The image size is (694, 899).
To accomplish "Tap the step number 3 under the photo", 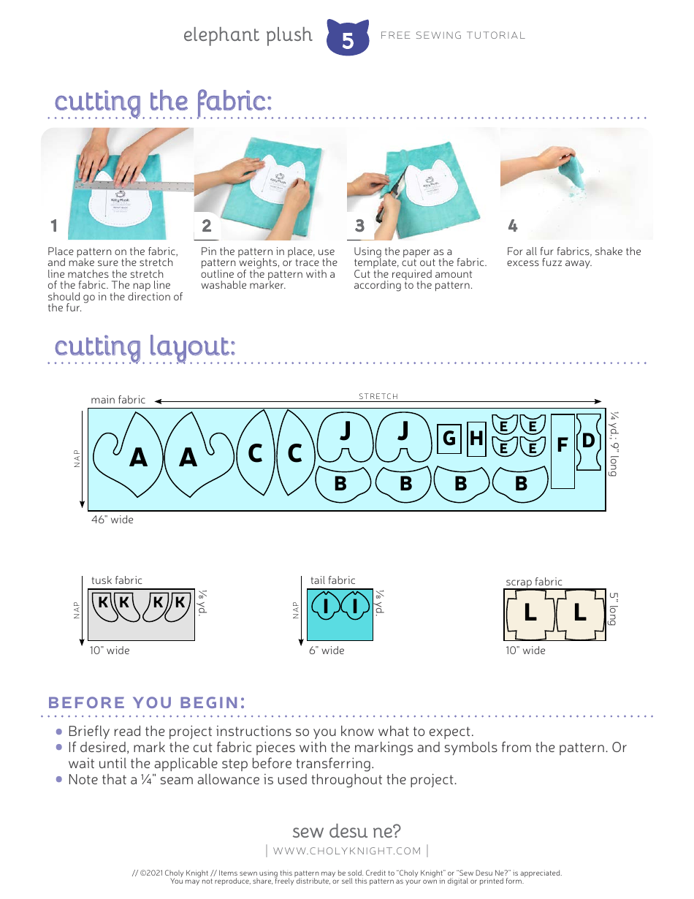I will click(359, 226).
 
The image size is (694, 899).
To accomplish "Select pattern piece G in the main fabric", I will click(449, 439).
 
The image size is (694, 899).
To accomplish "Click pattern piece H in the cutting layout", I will click(476, 439).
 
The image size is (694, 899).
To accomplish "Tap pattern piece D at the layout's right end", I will click(588, 441).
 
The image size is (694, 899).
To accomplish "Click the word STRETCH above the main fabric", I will click(378, 396).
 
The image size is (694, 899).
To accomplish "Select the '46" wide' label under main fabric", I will click(113, 520).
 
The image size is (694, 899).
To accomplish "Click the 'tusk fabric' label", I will click(117, 580).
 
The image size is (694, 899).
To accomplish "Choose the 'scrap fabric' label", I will click(534, 582).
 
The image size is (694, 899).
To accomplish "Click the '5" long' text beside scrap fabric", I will click(614, 608).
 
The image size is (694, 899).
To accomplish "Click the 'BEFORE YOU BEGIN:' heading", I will click(146, 702).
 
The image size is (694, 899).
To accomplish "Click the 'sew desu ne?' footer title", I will click(346, 831).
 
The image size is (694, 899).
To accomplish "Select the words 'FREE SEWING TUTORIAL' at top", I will click(453, 35).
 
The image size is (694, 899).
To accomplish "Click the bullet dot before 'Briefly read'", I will click(60, 732).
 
